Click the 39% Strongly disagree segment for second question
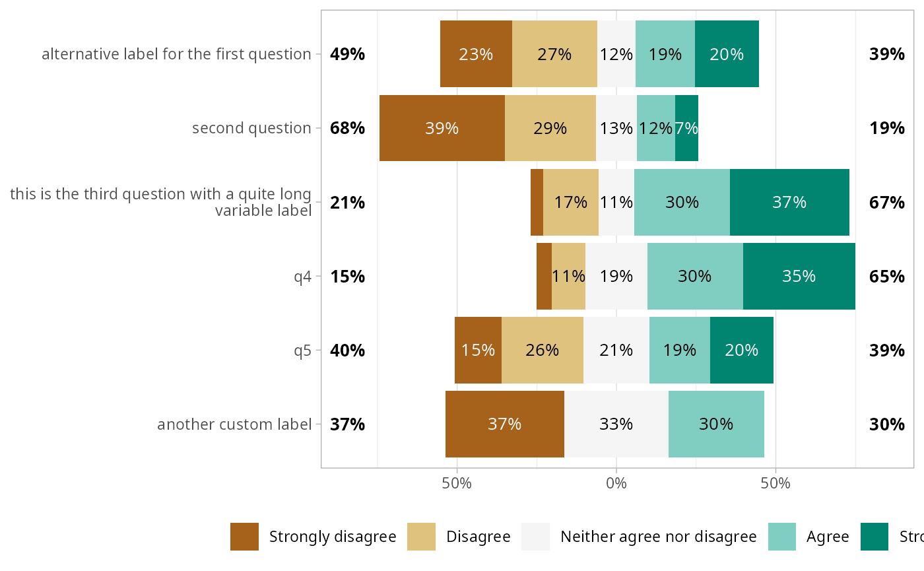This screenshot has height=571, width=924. click(x=442, y=128)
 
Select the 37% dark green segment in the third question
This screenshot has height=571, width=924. click(x=789, y=202)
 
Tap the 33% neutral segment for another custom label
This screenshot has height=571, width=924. click(x=616, y=424)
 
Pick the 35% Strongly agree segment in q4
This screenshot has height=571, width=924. click(x=799, y=276)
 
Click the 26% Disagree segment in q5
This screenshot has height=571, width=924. click(x=542, y=350)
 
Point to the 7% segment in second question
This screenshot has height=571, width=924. click(x=686, y=128)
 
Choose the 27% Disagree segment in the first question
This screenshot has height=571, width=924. click(x=554, y=54)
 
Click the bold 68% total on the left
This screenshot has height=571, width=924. click(x=348, y=128)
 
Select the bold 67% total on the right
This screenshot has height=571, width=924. click(x=886, y=202)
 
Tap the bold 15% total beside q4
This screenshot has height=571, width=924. click(x=348, y=276)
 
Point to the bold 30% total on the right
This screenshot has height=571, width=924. click(x=886, y=424)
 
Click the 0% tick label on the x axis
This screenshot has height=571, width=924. click(x=616, y=483)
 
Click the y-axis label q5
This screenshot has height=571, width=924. click(x=302, y=350)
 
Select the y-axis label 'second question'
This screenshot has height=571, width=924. click(x=251, y=128)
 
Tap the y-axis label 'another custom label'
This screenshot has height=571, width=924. click(x=234, y=424)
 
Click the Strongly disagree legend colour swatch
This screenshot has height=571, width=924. click(x=244, y=536)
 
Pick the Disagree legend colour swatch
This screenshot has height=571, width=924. click(x=421, y=536)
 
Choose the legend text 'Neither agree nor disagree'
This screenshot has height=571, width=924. click(x=658, y=537)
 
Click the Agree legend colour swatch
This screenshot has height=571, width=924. click(x=782, y=536)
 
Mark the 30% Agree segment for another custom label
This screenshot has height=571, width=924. click(x=716, y=424)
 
